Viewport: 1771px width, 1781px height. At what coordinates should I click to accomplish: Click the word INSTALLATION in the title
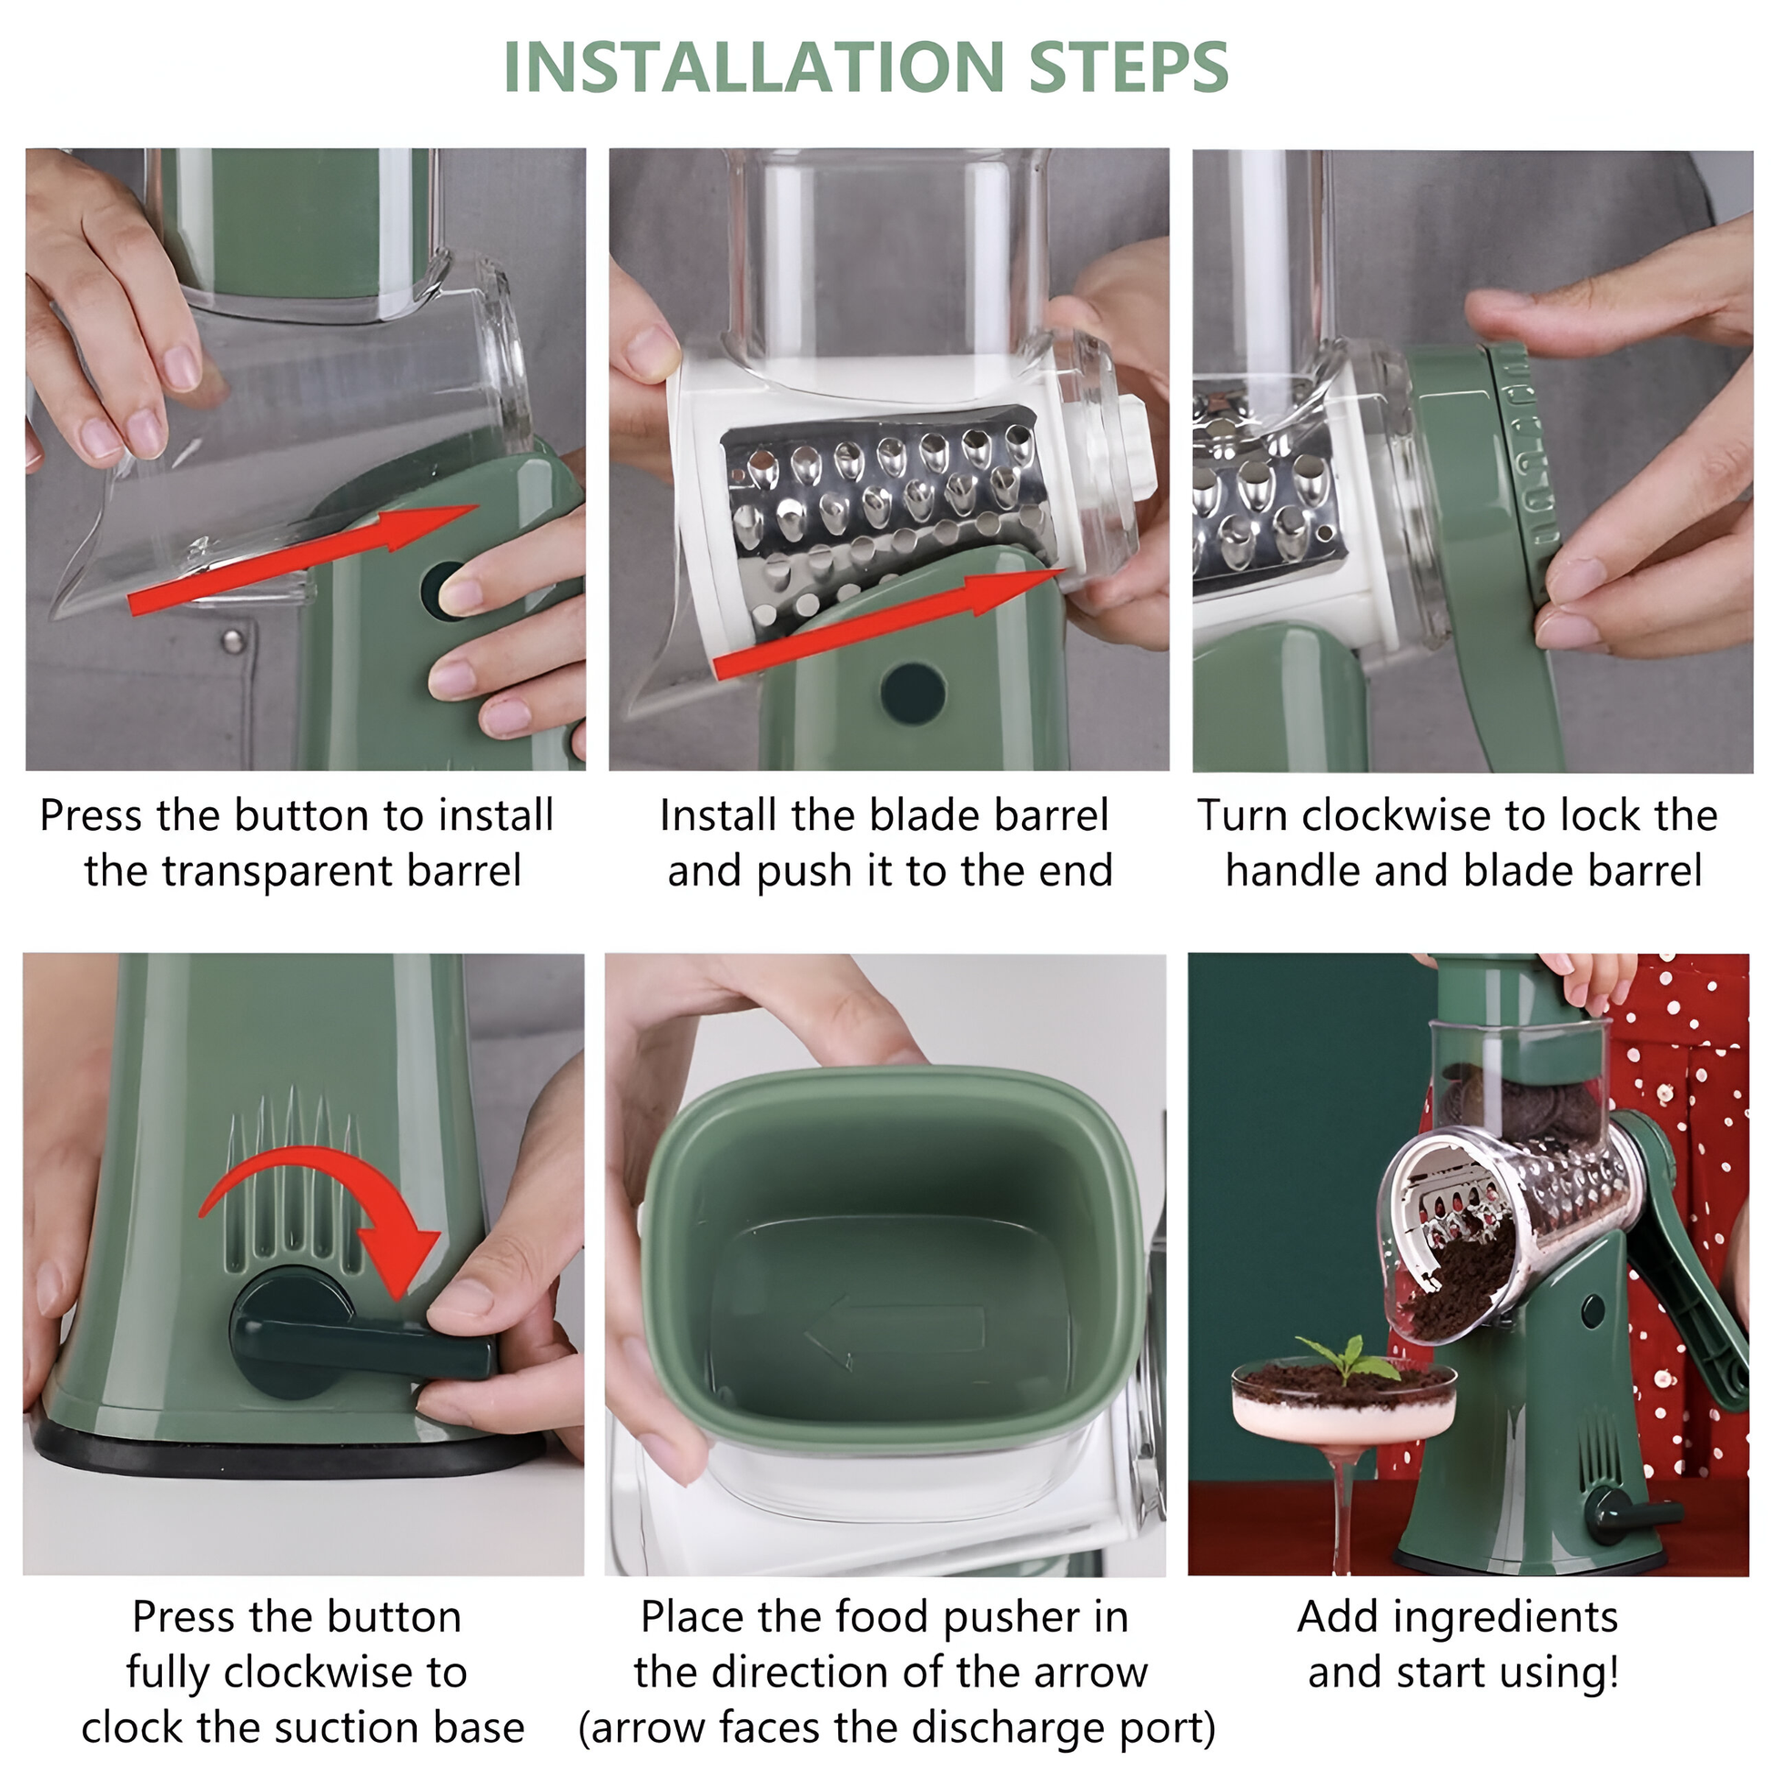point(754,67)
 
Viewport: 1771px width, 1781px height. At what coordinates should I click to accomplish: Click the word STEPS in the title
point(1128,67)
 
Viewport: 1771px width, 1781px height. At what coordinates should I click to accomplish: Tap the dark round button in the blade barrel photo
point(913,693)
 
